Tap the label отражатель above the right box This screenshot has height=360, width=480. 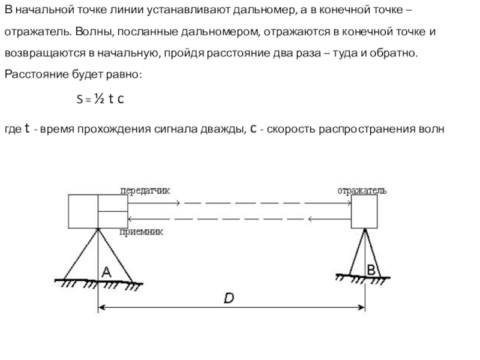point(361,191)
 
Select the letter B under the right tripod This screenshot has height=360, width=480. point(371,270)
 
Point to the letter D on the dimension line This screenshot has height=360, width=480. point(229,298)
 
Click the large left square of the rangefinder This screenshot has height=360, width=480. point(82,211)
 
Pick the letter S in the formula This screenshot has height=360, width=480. point(80,100)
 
